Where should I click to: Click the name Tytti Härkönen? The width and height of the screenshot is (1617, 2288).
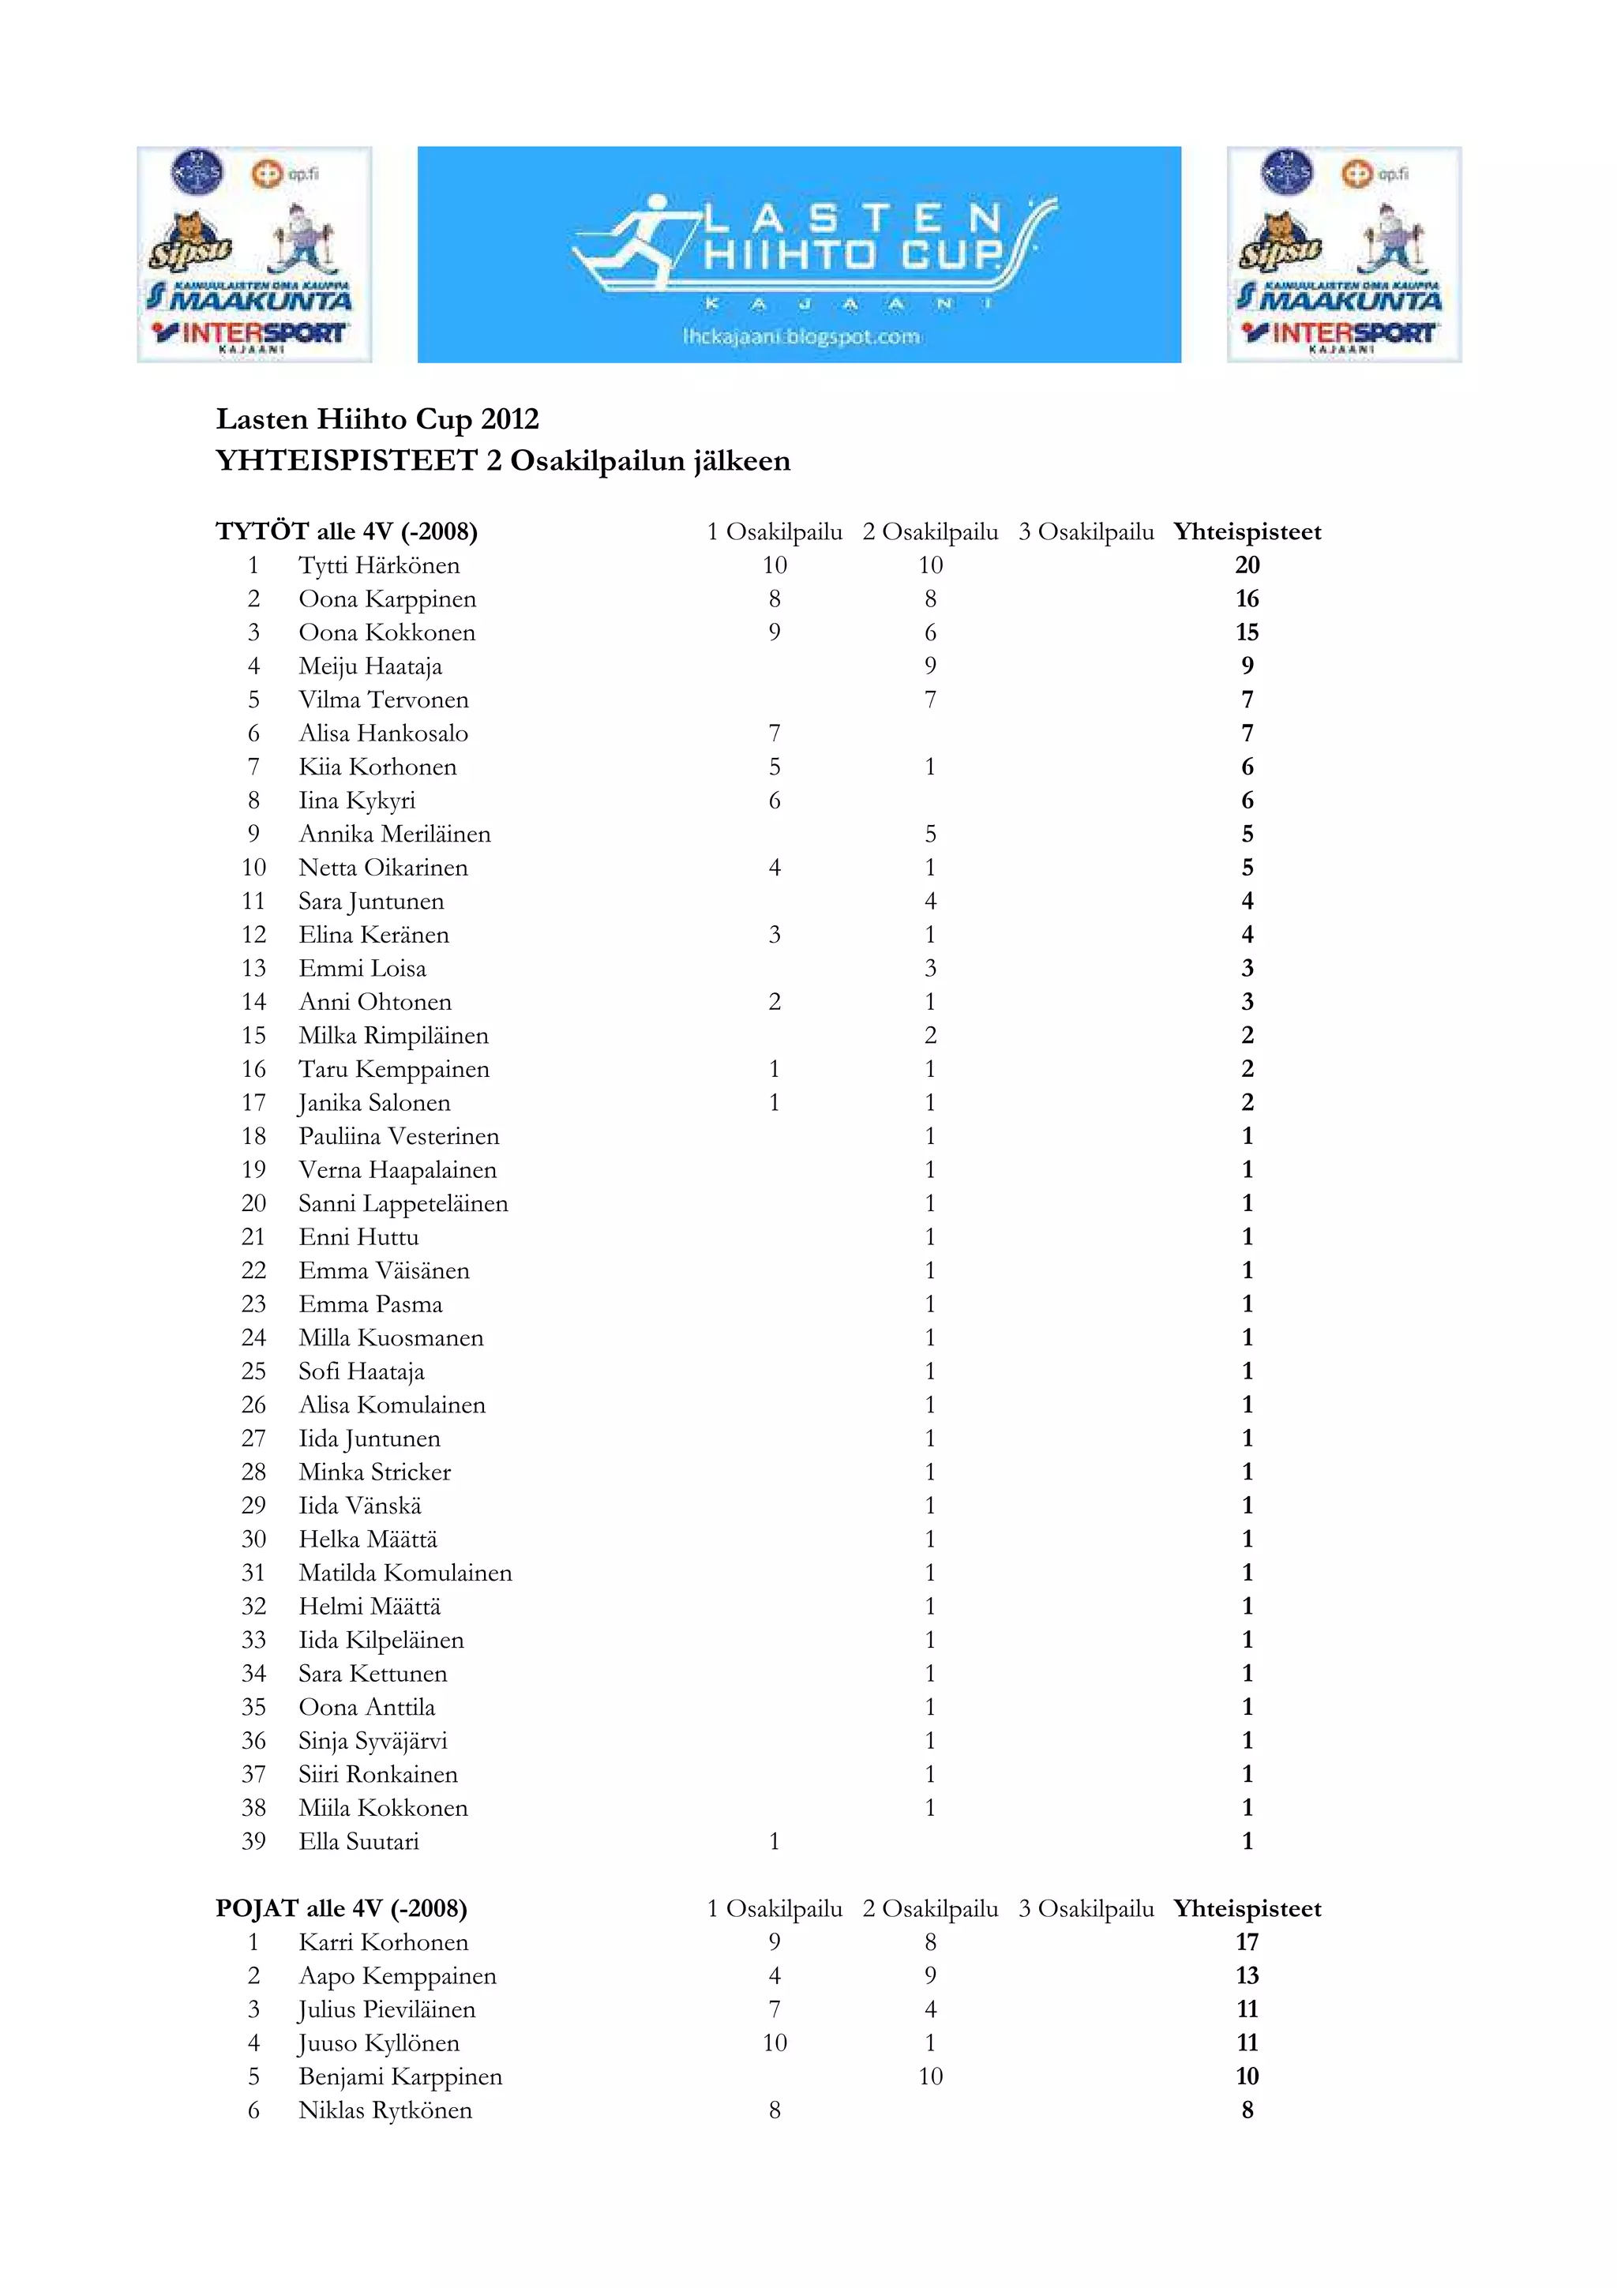coord(379,566)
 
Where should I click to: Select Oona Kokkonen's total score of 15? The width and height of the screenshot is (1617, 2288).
coord(1247,632)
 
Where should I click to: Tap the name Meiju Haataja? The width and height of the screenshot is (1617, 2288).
coord(370,666)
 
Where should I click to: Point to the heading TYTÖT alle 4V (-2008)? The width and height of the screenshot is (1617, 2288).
coord(347,532)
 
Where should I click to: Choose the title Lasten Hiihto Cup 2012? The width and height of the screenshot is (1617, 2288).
coord(377,419)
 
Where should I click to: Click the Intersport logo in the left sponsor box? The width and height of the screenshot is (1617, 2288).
coord(251,334)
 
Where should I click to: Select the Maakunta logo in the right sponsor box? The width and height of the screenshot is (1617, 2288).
coord(1341,297)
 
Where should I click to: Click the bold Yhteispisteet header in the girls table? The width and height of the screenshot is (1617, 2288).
coord(1247,532)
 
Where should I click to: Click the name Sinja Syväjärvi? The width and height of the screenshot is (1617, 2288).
coord(373,1741)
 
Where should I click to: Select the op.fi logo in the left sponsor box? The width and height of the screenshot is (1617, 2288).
coord(286,174)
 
